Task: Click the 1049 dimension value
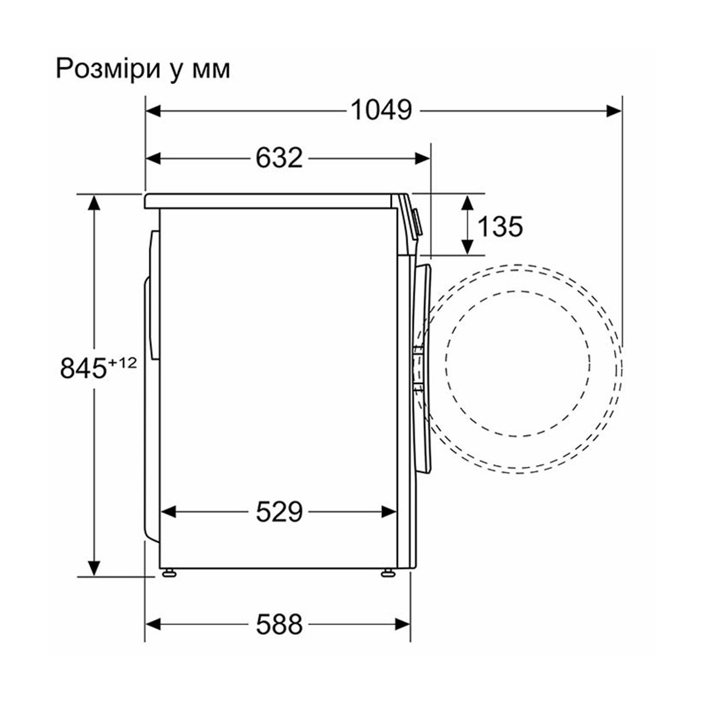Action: click(381, 110)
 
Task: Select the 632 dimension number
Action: click(279, 158)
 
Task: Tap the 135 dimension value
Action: click(500, 226)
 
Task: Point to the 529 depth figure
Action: click(279, 512)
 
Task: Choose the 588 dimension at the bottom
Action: click(279, 624)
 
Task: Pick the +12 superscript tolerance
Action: click(121, 362)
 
